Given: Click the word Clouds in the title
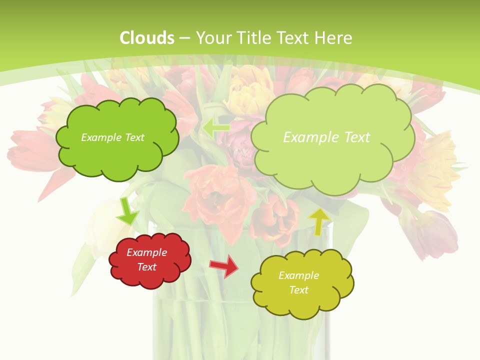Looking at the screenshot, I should coord(147,38).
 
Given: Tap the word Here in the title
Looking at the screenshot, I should coord(334,38).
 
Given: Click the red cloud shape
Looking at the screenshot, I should coord(149,260).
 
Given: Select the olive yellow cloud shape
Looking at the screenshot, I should coord(302,283).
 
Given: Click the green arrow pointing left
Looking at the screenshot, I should coord(216,128).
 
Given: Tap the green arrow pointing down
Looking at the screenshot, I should coord(126,211).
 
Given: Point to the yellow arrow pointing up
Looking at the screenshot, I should coord(319,221).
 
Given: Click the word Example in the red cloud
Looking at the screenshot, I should coord(147,252).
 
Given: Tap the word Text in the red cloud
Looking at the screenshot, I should coord(147,267).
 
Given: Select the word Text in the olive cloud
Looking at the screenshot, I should coord(298,290).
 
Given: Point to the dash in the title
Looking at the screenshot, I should coord(184,38).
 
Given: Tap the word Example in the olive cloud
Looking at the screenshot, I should coord(298,275).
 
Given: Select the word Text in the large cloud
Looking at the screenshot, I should coord(357,137).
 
